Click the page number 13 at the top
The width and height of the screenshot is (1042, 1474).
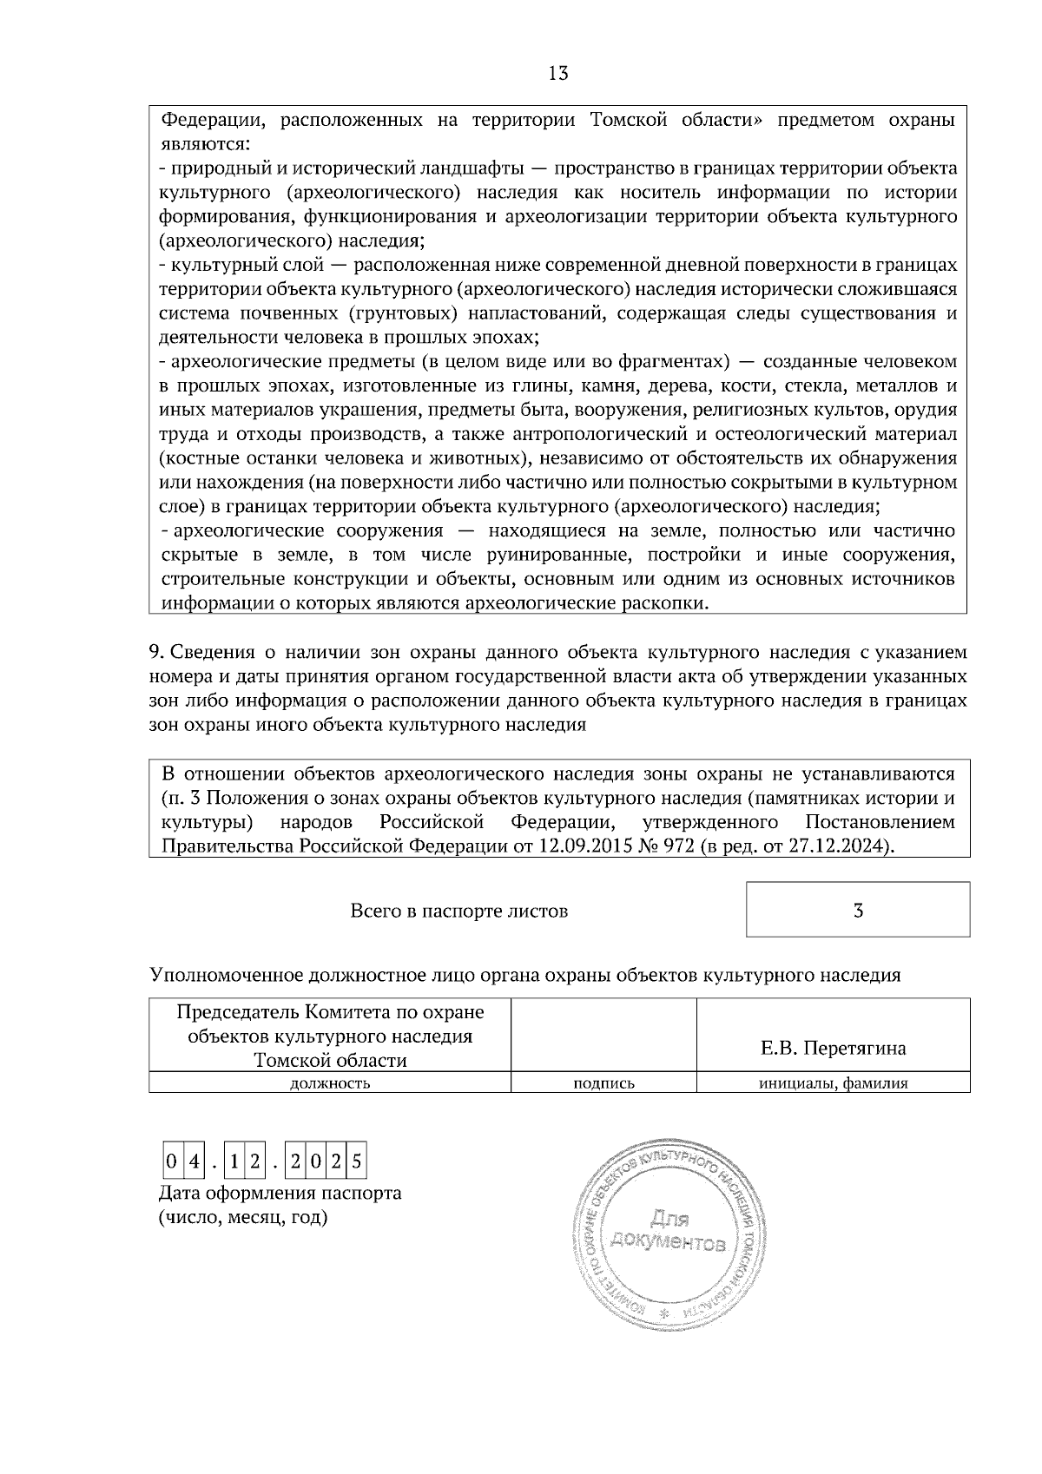(558, 74)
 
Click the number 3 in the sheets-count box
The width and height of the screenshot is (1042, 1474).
(858, 911)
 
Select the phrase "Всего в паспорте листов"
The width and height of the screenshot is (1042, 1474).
(458, 911)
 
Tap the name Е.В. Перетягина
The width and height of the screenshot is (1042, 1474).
(833, 1049)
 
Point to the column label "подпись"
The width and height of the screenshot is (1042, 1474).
(603, 1083)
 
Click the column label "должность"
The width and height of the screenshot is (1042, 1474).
(329, 1083)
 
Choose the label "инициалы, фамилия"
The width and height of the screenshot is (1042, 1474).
(833, 1083)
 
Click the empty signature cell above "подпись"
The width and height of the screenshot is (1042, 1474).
(603, 1035)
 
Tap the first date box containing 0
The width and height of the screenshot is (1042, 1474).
(172, 1161)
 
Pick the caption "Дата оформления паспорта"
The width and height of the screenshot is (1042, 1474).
(280, 1194)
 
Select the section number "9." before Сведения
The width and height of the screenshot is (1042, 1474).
(156, 653)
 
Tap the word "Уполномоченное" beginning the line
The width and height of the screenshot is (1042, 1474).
(228, 975)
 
